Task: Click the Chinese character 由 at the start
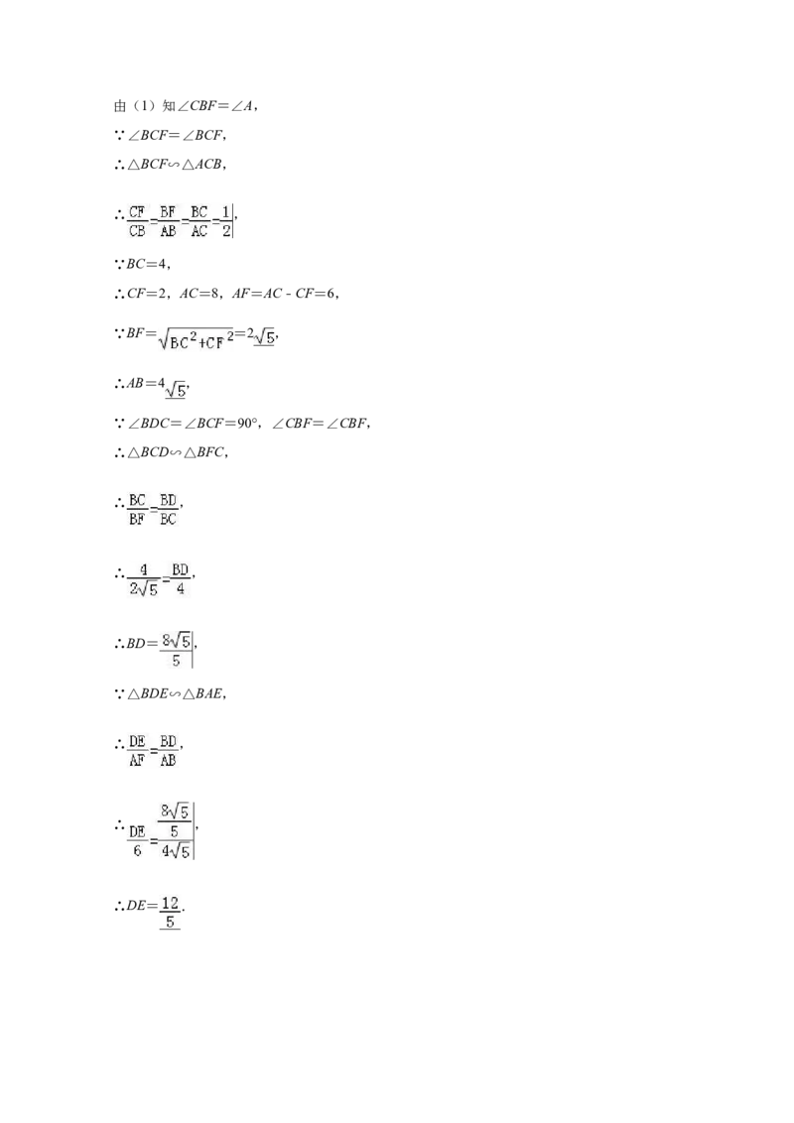(120, 106)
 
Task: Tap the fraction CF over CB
(137, 221)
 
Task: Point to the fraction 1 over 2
(226, 221)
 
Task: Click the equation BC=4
(147, 264)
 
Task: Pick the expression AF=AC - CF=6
(284, 293)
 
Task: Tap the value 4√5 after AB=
(172, 387)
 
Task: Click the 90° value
(247, 424)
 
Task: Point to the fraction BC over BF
(137, 509)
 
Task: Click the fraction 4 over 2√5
(144, 579)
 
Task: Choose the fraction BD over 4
(180, 579)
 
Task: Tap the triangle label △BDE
(148, 693)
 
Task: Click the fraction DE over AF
(137, 751)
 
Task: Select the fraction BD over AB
(168, 751)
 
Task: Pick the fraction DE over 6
(137, 841)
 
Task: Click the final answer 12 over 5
(170, 913)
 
